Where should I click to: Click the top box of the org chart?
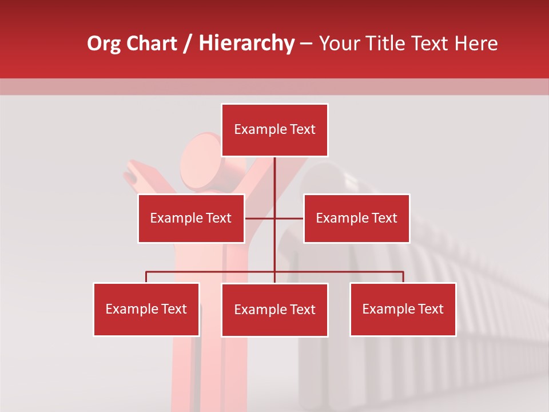coord(274,130)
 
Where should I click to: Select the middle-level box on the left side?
coord(191,218)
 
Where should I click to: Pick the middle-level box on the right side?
coord(356,218)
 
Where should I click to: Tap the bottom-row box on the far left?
coord(146,310)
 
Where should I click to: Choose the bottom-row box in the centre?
coord(274,310)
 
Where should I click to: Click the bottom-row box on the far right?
coord(403,310)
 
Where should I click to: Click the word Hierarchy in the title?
coord(246,43)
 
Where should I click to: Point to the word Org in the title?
coord(104,43)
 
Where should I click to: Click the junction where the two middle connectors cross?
coord(274,218)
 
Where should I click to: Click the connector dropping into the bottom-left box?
coord(146,277)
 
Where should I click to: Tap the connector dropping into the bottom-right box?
coord(403,277)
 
